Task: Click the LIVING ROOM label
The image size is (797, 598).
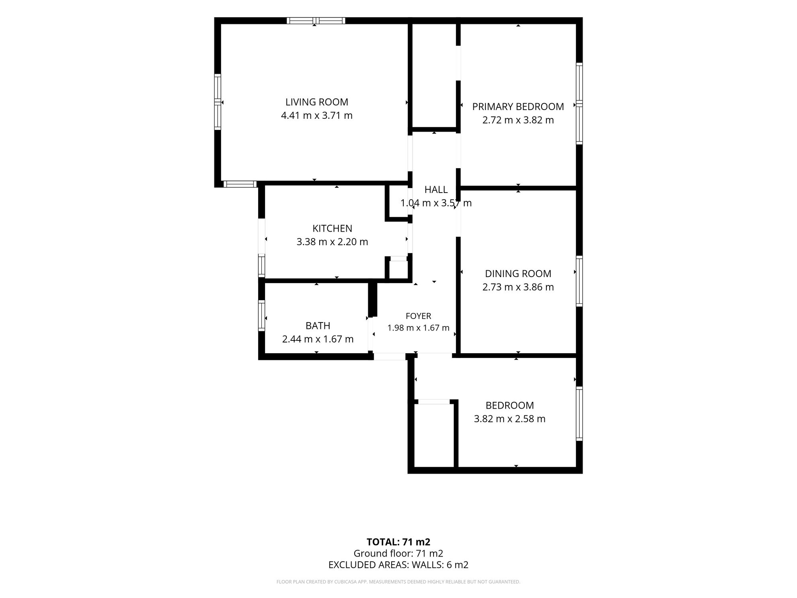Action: click(x=317, y=102)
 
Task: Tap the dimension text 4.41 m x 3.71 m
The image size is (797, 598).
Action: click(x=317, y=116)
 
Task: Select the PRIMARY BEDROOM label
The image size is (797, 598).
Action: click(x=518, y=107)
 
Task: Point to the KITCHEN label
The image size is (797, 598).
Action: click(x=332, y=228)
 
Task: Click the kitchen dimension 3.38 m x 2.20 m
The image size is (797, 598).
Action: click(x=332, y=242)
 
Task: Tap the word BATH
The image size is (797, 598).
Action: click(x=318, y=326)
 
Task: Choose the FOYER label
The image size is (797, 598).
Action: click(x=418, y=316)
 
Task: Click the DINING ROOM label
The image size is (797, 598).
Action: click(x=518, y=273)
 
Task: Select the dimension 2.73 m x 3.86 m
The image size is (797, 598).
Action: click(x=518, y=287)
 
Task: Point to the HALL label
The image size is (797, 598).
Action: click(x=436, y=190)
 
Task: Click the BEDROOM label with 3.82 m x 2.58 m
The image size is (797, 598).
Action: click(x=510, y=405)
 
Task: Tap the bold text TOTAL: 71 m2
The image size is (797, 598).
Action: click(x=398, y=542)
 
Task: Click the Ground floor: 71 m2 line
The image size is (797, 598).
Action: click(x=398, y=553)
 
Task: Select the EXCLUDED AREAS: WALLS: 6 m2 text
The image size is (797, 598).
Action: click(x=398, y=565)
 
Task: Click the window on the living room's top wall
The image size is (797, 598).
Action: click(x=316, y=21)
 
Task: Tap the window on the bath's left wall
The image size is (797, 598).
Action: click(x=261, y=315)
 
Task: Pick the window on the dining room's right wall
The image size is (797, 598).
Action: click(x=579, y=281)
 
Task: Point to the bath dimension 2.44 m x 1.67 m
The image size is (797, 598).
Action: click(x=318, y=339)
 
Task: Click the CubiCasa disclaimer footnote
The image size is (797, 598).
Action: click(x=398, y=582)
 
